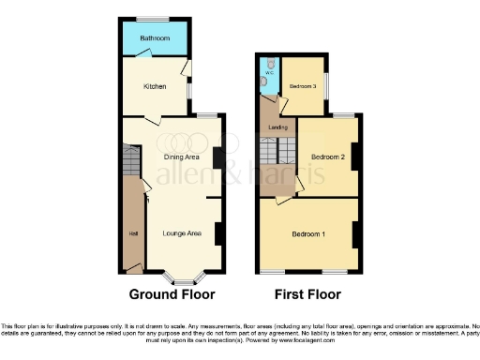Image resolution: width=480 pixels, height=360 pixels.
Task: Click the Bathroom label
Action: click(154, 38)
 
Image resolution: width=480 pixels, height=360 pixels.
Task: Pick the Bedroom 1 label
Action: click(307, 233)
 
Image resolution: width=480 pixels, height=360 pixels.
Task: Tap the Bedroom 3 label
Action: click(303, 86)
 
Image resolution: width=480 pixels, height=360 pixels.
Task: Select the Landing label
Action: click(277, 127)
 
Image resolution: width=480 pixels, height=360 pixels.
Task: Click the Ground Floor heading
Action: click(172, 293)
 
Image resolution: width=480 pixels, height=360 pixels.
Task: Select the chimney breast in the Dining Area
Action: click(217, 158)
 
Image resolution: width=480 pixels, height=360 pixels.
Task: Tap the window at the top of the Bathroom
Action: click(154, 19)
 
